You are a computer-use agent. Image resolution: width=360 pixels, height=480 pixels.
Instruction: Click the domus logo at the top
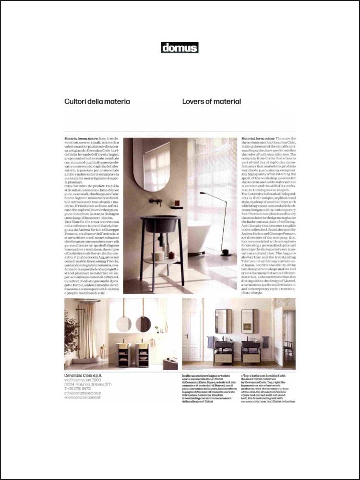pyautogui.click(x=180, y=48)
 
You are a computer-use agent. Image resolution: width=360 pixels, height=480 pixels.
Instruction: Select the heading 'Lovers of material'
pyautogui.click(x=211, y=102)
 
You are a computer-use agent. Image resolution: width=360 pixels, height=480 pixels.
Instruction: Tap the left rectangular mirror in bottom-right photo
pyautogui.click(x=224, y=321)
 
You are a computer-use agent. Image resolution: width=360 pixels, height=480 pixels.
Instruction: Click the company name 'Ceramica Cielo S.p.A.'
pyautogui.click(x=83, y=375)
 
